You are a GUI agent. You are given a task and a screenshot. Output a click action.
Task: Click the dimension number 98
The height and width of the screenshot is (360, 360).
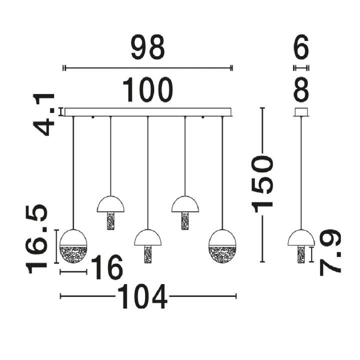147,46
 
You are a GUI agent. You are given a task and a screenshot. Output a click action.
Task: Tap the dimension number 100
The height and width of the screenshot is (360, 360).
147,89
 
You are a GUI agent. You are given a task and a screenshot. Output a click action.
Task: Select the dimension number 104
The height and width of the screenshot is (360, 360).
142,296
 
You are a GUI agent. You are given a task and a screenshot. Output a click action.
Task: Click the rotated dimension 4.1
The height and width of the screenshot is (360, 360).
43,115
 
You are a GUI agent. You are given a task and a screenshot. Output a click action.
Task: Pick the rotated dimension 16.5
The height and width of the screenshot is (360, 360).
36,239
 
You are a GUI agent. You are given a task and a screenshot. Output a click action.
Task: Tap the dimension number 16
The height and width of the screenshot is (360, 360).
107,267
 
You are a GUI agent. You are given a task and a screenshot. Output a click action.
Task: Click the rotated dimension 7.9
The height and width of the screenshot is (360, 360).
329,252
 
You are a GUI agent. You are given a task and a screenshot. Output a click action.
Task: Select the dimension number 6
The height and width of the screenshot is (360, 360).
301,46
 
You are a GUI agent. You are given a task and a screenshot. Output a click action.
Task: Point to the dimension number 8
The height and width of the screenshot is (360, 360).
301,89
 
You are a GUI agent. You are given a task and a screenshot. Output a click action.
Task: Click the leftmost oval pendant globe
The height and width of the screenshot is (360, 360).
73,246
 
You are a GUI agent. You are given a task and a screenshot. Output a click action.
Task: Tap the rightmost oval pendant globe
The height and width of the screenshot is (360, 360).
222,246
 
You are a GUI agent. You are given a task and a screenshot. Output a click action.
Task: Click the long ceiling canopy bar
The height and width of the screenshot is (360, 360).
148,112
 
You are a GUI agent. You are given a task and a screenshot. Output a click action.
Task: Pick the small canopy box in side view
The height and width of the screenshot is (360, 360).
301,112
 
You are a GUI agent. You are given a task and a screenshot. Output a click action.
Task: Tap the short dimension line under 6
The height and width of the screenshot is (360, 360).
301,68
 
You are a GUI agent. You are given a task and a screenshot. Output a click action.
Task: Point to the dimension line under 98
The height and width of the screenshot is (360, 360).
148,68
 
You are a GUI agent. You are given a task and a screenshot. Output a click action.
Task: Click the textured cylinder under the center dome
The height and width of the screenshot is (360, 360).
147,254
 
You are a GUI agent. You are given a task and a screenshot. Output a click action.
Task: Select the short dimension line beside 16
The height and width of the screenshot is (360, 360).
73,272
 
